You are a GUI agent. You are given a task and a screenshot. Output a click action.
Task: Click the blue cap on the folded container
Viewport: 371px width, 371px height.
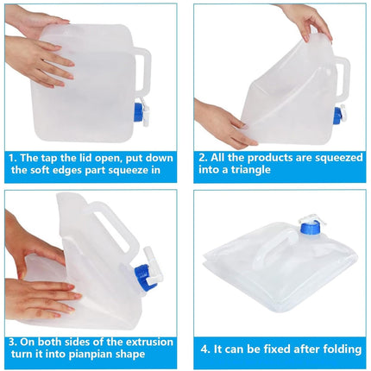tap(310, 228)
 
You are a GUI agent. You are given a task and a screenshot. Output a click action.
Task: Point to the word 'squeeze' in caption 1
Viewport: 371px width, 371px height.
tap(127, 170)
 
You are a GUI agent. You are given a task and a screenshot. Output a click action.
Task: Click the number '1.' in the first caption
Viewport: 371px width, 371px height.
tap(13, 158)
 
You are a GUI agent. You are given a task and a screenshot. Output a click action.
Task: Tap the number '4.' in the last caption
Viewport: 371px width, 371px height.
tap(205, 349)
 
